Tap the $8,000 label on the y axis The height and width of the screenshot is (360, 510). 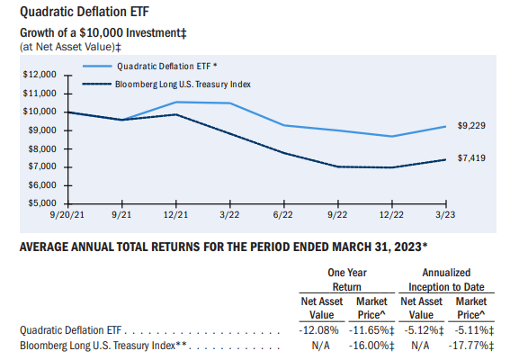41,148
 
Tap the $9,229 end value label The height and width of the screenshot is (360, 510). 471,126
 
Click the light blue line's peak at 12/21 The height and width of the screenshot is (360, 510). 174,102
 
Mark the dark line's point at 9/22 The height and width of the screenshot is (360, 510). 338,166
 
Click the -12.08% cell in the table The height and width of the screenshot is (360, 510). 317,329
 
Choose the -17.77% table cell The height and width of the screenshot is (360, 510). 472,344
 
